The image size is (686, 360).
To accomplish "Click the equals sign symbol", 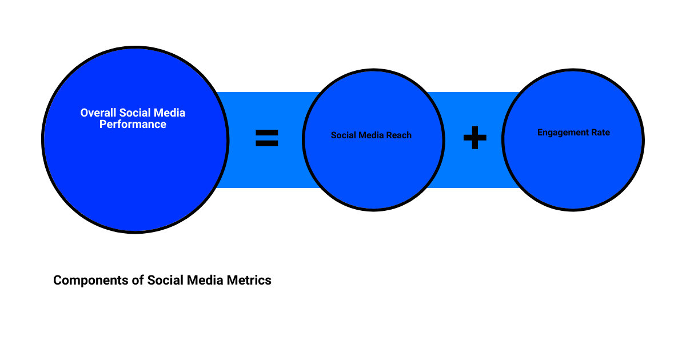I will [266, 138].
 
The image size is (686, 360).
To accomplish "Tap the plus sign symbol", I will [474, 138].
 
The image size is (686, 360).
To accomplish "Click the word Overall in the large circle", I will [98, 113].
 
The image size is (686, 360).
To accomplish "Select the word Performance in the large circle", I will [133, 125].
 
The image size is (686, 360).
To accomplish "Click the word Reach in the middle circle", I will [398, 135].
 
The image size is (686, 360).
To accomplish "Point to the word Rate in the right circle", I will [600, 133].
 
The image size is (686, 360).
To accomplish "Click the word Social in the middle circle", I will [344, 135].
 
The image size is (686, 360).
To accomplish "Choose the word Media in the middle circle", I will [371, 135].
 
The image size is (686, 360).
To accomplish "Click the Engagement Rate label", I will [573, 133].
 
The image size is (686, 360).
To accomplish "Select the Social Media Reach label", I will [371, 135].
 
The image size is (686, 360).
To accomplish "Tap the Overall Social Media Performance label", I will [133, 119].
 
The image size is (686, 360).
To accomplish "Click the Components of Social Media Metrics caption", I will [162, 281].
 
